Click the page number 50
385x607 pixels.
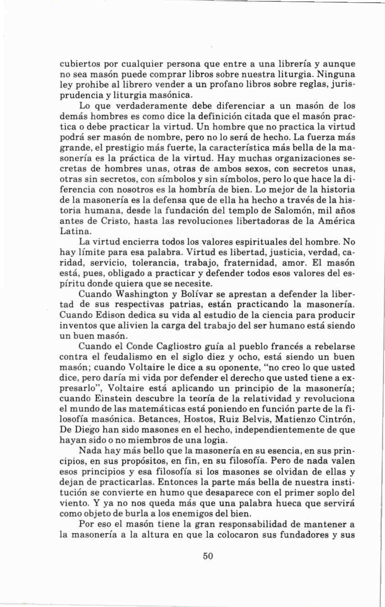(208, 556)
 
